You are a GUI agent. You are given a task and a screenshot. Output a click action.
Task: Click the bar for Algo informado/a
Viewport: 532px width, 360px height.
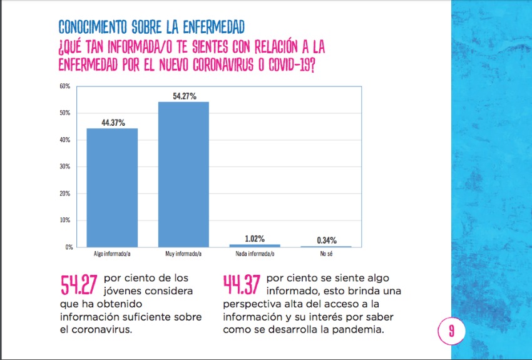(112, 187)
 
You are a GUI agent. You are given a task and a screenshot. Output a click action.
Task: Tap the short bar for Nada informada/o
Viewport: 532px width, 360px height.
(255, 245)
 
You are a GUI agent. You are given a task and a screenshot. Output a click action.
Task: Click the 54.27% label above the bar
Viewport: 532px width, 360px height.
(184, 96)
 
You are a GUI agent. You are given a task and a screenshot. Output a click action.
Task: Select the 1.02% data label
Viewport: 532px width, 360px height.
(255, 239)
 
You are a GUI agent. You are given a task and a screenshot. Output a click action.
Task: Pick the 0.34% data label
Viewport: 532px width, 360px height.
(326, 240)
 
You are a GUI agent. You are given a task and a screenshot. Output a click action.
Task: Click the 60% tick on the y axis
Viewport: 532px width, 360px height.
(64, 86)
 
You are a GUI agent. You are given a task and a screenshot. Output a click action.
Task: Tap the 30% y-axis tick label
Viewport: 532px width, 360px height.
(64, 167)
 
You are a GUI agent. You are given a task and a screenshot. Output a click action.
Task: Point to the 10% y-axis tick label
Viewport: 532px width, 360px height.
(64, 220)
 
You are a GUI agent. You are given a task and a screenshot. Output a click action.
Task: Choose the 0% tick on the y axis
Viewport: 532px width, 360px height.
(66, 247)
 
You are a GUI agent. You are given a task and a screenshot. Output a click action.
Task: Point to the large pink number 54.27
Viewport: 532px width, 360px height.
(79, 285)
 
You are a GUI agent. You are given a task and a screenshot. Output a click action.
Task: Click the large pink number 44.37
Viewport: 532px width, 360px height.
(242, 285)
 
